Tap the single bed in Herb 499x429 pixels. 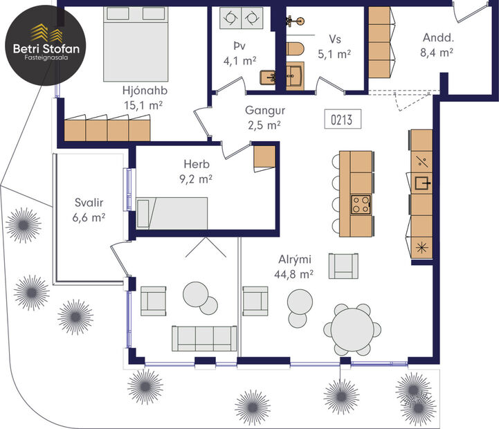click(x=172, y=213)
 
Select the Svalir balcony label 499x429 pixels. click(x=89, y=203)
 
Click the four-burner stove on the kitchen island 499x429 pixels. click(x=361, y=204)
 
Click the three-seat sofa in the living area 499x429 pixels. click(x=200, y=338)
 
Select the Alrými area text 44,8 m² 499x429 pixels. click(x=293, y=274)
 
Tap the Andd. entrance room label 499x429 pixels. click(x=437, y=38)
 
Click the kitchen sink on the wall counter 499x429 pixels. click(x=421, y=183)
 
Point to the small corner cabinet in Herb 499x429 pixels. click(x=264, y=158)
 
